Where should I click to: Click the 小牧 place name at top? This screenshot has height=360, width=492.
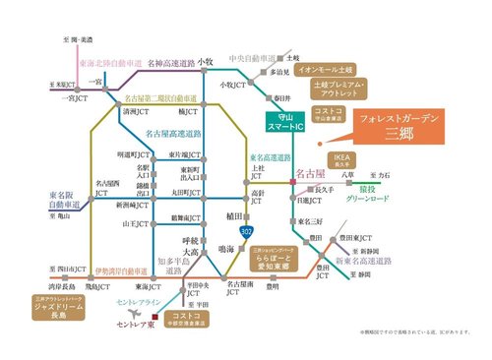pyautogui.click(x=205, y=62)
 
